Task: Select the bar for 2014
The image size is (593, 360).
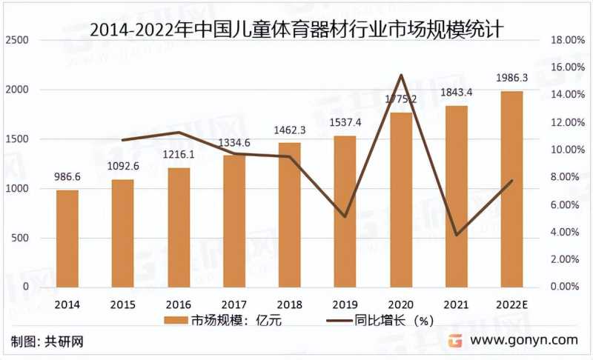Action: click(67, 238)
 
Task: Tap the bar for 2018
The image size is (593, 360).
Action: click(290, 214)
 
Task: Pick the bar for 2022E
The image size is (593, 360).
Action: click(512, 189)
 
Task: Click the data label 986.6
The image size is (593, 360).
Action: click(67, 177)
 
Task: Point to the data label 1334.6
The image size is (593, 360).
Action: click(234, 143)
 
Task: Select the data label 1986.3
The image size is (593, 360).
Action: click(512, 78)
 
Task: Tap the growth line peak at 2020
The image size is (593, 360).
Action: click(401, 75)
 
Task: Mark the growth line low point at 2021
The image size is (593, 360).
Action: click(457, 235)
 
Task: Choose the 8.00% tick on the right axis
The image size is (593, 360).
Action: click(564, 177)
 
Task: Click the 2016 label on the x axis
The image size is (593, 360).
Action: click(179, 304)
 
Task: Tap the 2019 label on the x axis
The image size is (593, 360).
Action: click(345, 304)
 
